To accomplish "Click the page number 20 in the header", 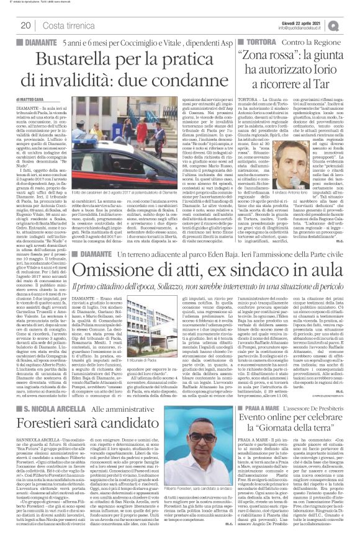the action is point(26,24).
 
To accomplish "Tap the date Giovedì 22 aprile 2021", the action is point(308,21).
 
